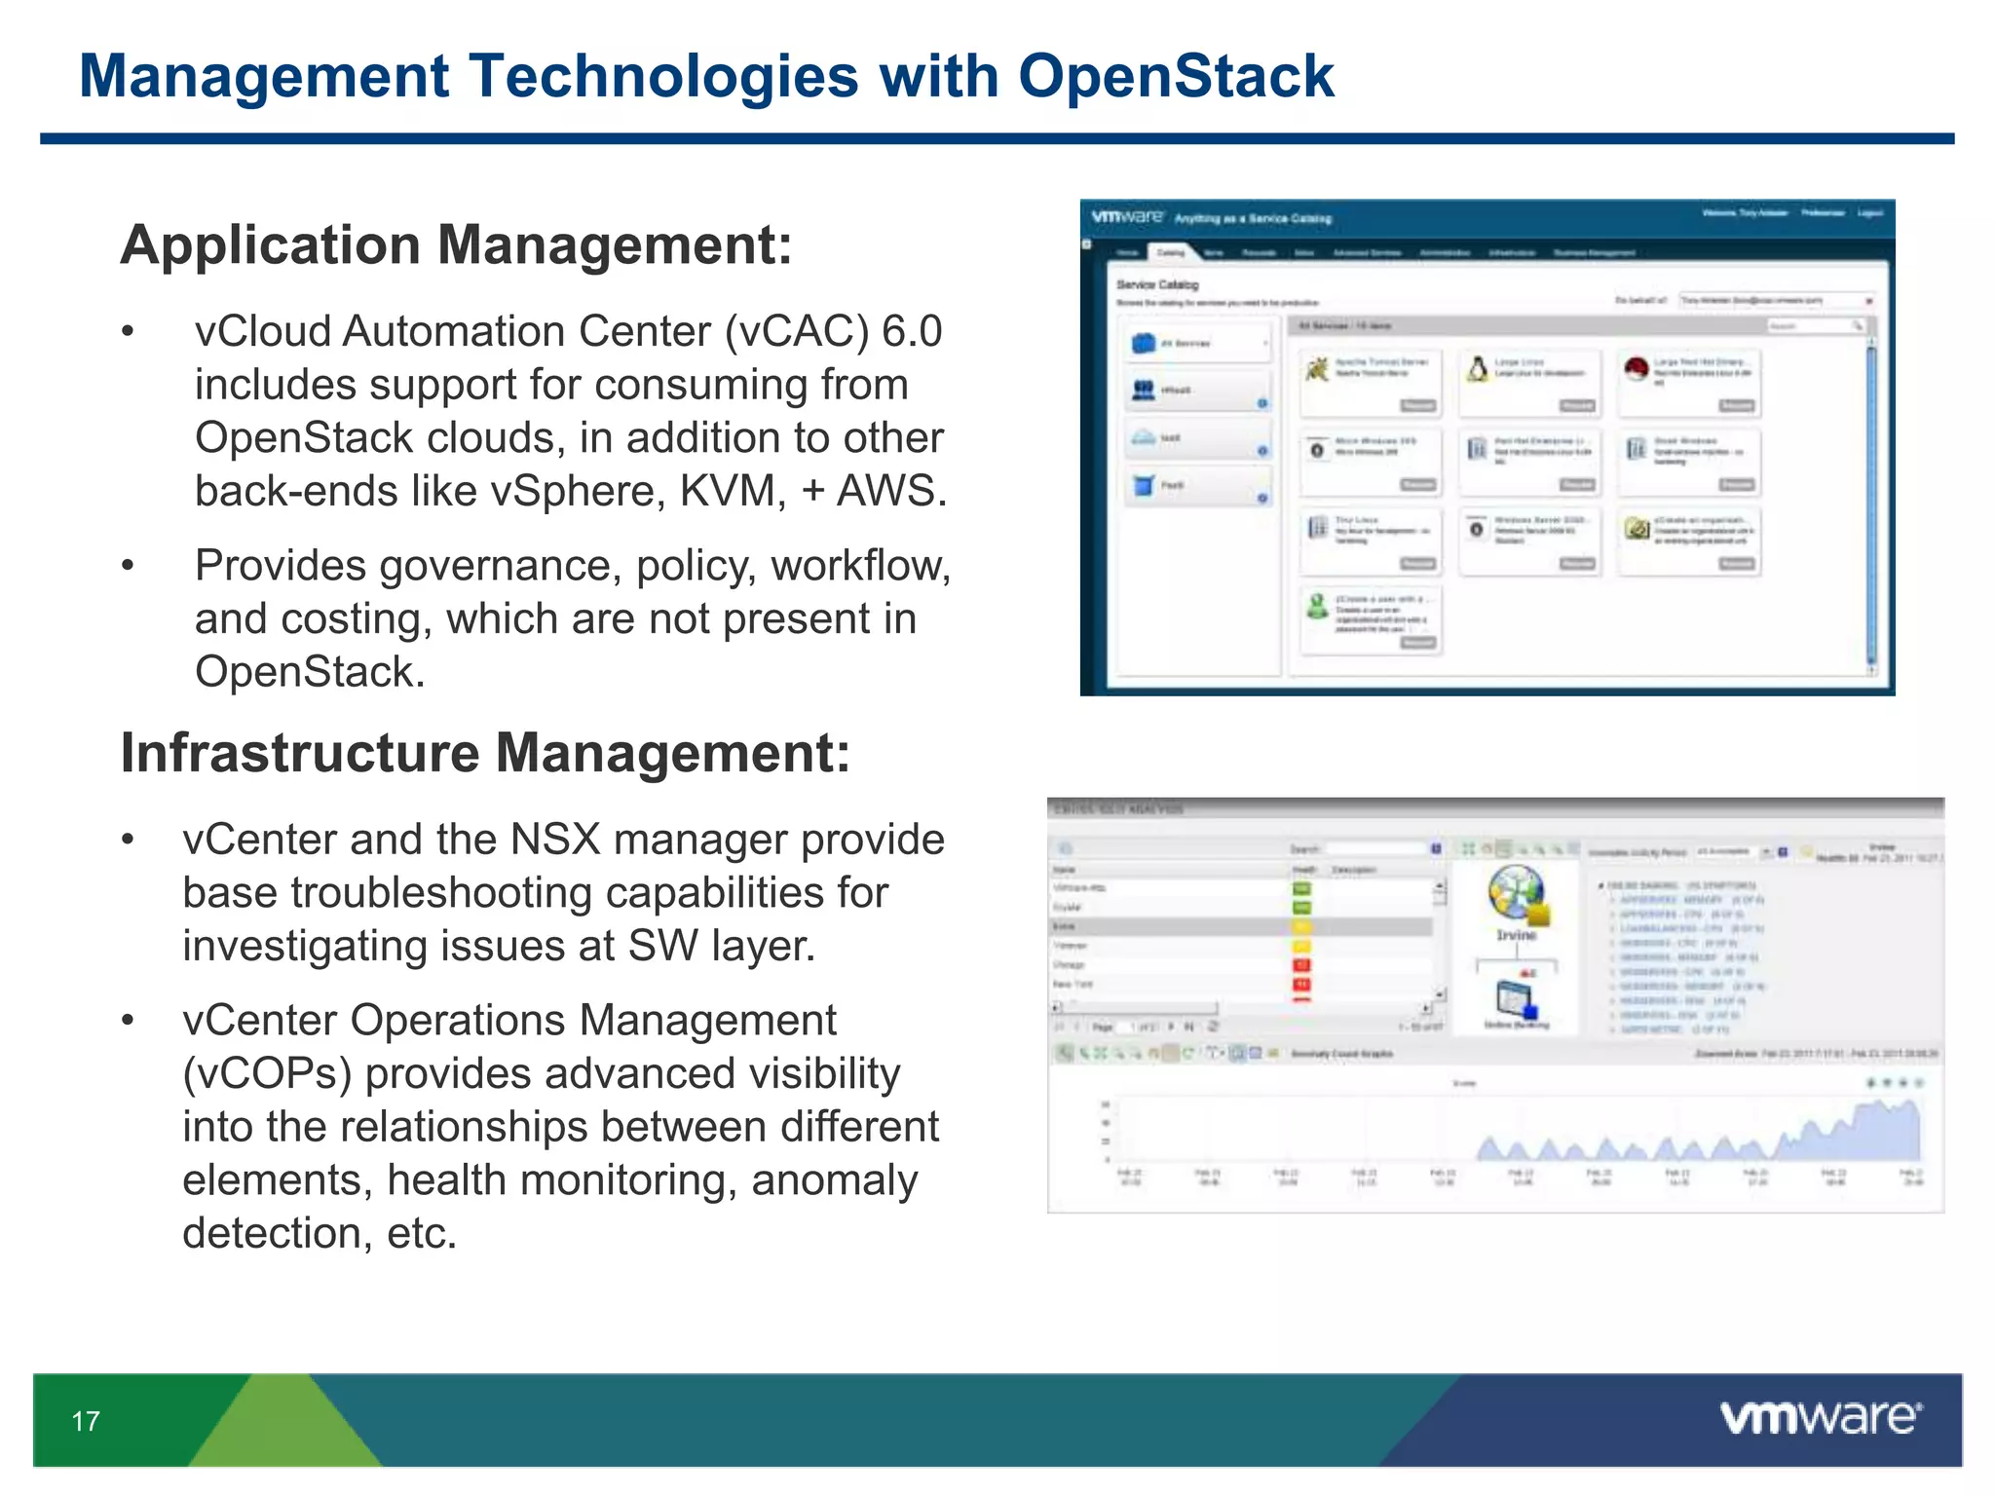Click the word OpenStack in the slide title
click(1175, 76)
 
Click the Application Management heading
click(456, 244)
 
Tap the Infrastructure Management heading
click(485, 753)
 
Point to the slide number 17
click(86, 1421)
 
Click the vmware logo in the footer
click(1820, 1417)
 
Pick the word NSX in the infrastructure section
click(554, 840)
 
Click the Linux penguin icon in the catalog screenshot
click(1478, 369)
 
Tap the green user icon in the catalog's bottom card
click(1317, 606)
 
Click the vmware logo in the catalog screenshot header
click(1127, 216)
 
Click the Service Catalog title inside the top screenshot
click(1157, 284)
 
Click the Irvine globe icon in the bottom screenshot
click(1515, 892)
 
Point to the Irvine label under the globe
click(1516, 935)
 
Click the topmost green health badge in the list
click(1301, 888)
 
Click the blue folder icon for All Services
click(1144, 343)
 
